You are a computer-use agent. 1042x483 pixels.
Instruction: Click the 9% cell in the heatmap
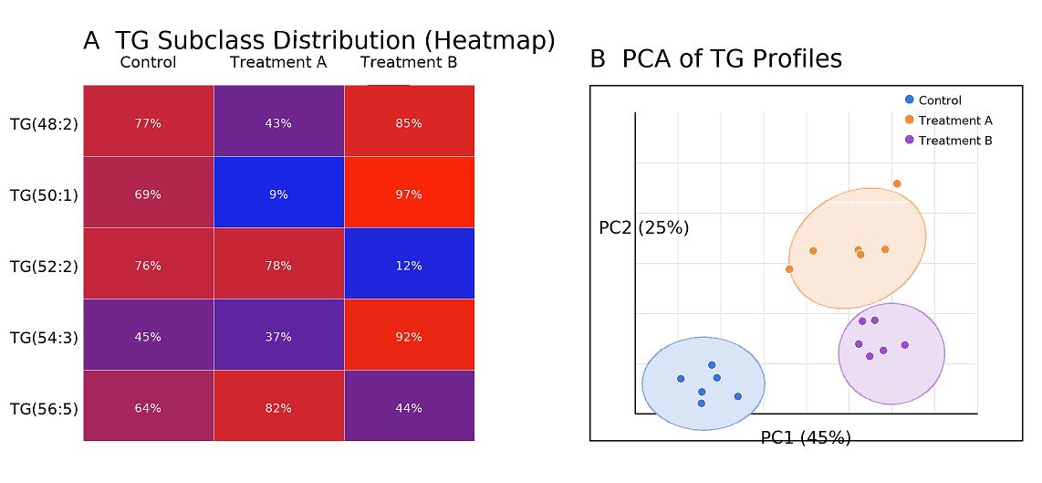278,194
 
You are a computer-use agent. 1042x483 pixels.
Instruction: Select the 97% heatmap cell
409,194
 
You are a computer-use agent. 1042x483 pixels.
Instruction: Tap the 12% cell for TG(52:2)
409,265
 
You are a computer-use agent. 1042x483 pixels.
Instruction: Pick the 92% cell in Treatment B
409,336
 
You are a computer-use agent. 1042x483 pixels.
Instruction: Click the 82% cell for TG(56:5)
278,407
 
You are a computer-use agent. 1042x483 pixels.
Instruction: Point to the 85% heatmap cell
409,122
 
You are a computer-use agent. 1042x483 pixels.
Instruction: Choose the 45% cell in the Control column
148,336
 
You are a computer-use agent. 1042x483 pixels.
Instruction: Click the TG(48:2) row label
44,123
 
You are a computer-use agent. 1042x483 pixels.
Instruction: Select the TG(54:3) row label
44,337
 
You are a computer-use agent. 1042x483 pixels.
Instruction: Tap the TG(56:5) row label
44,408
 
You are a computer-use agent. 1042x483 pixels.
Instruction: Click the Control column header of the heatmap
148,62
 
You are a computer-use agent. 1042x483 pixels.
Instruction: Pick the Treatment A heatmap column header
278,62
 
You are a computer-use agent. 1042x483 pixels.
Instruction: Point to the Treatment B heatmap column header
409,62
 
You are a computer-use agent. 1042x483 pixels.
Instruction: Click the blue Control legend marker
909,100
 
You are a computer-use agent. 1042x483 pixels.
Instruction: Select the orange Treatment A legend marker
909,120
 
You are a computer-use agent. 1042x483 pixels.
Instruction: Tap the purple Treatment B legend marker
909,140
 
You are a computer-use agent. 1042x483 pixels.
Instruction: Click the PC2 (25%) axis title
643,227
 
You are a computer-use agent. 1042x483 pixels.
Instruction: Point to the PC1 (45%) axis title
806,437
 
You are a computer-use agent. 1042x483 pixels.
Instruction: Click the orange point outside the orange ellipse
897,184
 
